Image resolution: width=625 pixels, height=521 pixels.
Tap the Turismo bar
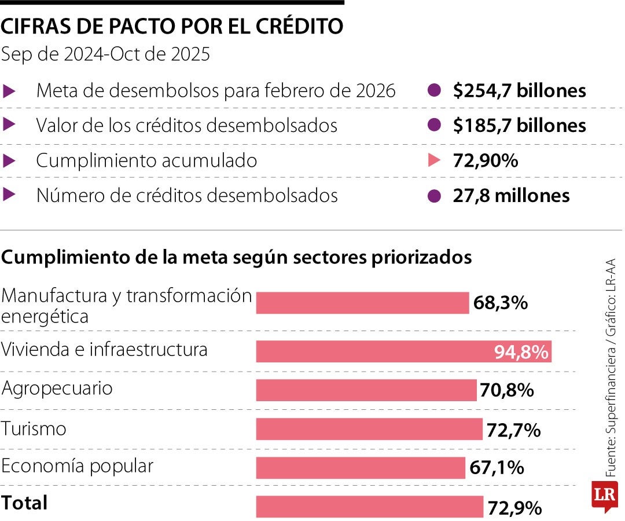tap(369, 430)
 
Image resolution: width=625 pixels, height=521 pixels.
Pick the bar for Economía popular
tap(361, 468)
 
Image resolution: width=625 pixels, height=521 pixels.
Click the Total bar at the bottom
tap(369, 507)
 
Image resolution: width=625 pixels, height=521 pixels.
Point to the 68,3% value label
tap(500, 303)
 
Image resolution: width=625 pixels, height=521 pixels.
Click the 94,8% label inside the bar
tap(521, 352)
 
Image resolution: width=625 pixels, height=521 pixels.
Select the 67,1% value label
tap(497, 468)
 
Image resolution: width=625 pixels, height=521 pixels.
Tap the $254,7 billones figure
tap(520, 91)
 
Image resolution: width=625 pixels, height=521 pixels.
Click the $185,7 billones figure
tap(520, 126)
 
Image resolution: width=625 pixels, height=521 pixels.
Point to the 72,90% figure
tap(485, 161)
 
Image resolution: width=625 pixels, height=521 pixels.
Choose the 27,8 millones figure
tap(511, 196)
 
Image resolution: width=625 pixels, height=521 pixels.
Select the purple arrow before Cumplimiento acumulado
tap(9, 161)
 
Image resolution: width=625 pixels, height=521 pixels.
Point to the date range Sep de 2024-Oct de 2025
tap(105, 54)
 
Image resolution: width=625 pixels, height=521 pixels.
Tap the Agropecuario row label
tap(57, 388)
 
